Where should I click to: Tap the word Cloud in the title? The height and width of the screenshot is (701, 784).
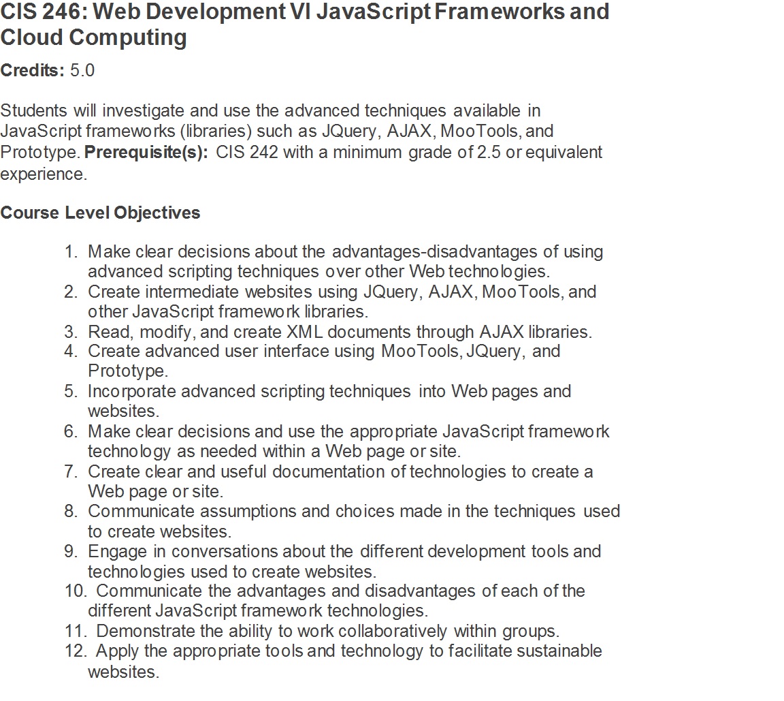pyautogui.click(x=31, y=37)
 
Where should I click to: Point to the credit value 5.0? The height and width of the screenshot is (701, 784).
pyautogui.click(x=82, y=70)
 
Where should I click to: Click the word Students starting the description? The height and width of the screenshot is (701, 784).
pyautogui.click(x=34, y=110)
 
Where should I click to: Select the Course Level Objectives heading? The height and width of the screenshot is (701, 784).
pyautogui.click(x=100, y=213)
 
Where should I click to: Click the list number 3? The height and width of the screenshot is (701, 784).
pyautogui.click(x=71, y=332)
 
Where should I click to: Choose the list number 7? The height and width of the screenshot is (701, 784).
pyautogui.click(x=71, y=471)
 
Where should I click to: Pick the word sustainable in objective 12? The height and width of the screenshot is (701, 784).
pyautogui.click(x=559, y=651)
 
